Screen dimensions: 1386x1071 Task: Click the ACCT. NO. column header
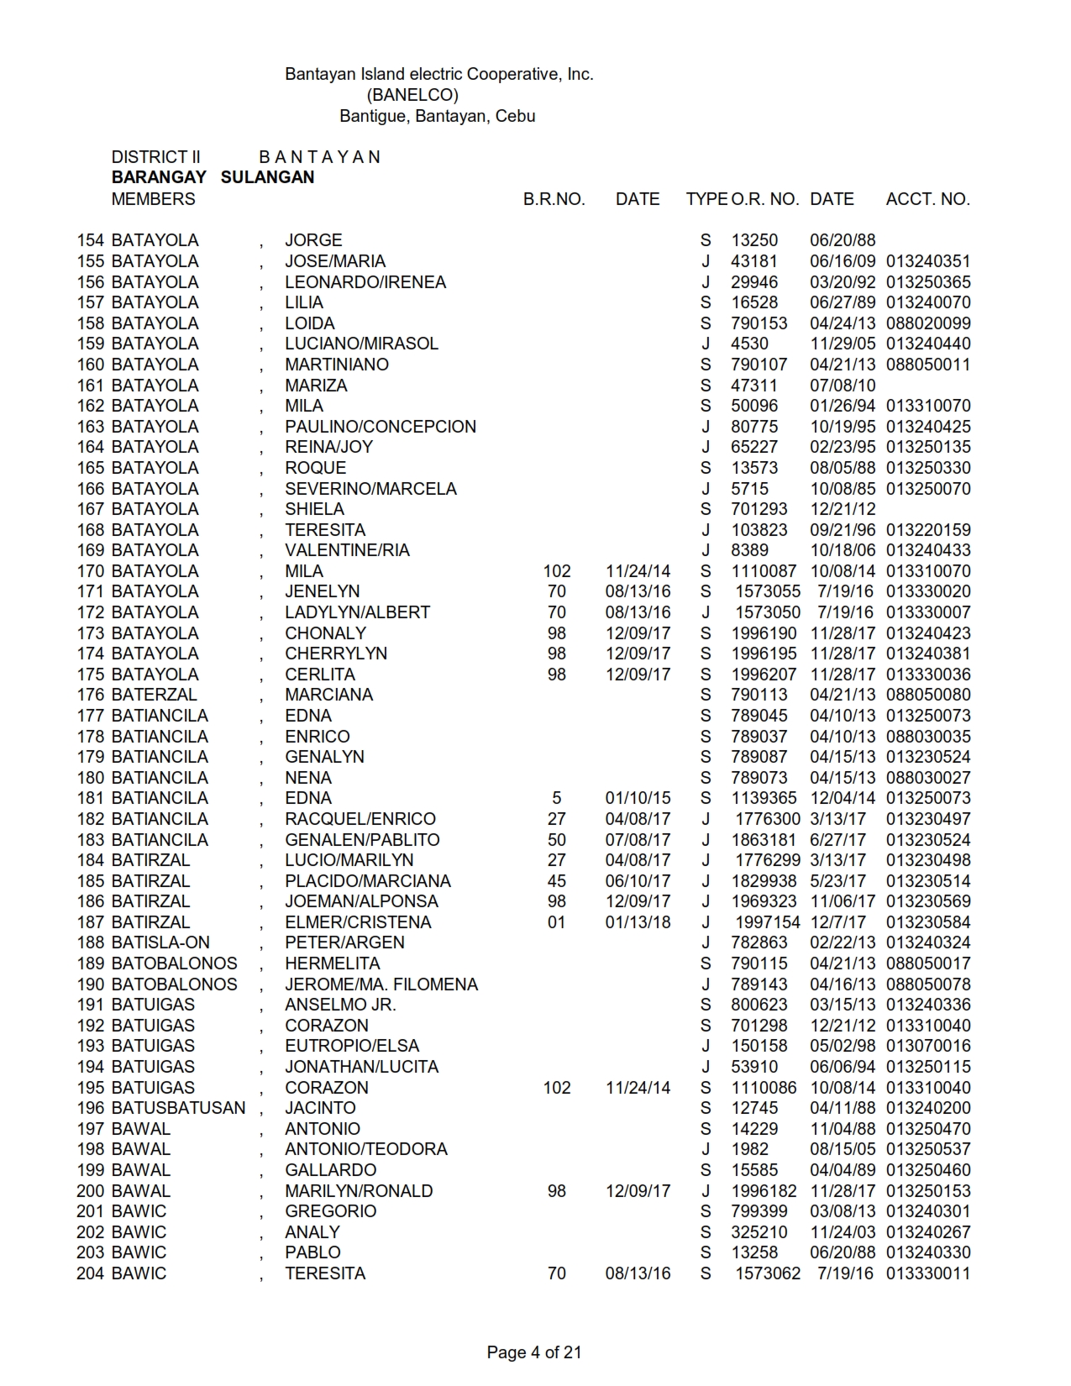click(927, 199)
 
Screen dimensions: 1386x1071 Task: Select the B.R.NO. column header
click(554, 199)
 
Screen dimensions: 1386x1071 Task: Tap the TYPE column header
click(706, 199)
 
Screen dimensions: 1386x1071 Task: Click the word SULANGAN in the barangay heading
click(267, 177)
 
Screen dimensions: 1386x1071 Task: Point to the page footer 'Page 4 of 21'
click(534, 1352)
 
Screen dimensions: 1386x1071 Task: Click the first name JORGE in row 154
click(313, 240)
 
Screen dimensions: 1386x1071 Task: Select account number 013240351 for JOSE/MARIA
click(928, 261)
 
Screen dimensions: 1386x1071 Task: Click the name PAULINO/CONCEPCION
click(381, 427)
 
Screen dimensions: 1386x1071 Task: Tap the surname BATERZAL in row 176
click(154, 695)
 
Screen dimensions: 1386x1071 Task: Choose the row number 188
click(91, 942)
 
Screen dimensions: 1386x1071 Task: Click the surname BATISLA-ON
click(160, 942)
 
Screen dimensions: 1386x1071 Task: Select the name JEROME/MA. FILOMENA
click(381, 984)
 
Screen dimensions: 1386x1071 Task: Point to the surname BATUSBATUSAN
click(178, 1108)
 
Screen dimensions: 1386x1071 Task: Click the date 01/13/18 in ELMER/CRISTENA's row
click(638, 922)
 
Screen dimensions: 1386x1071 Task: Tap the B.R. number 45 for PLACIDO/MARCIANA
click(556, 881)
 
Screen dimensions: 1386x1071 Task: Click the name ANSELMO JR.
click(340, 1005)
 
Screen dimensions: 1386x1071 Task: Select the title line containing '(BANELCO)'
click(412, 95)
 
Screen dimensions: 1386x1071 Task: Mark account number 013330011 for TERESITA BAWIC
click(928, 1273)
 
